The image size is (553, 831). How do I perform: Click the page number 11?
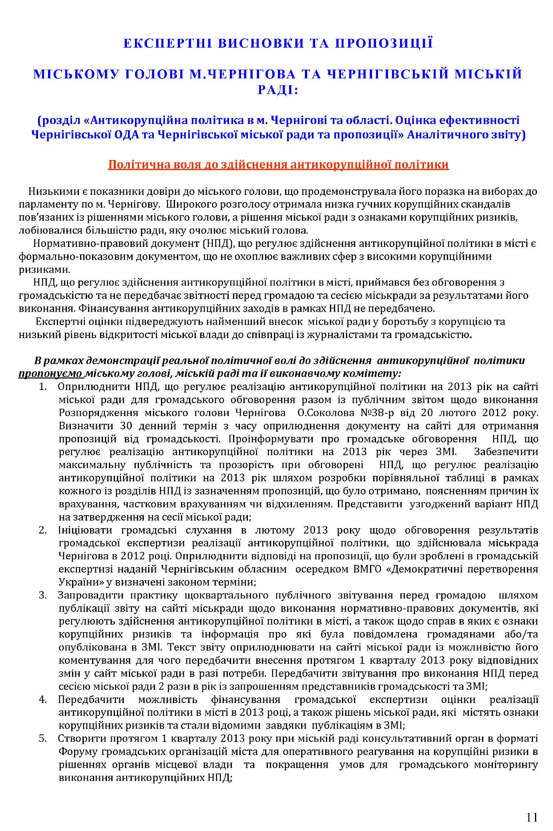tap(532, 805)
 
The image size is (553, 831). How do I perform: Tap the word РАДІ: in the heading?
tap(278, 90)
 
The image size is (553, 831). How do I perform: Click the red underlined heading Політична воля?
tap(278, 165)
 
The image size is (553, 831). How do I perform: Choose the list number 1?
tap(43, 387)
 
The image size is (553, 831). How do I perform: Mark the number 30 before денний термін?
tap(122, 426)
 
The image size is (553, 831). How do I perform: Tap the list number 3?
tap(43, 595)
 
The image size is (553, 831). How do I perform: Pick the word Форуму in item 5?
tap(78, 751)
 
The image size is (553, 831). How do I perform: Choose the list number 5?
tap(43, 739)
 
